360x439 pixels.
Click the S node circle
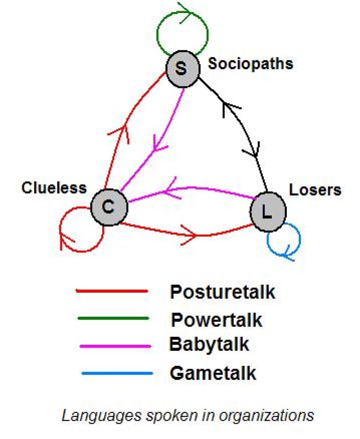click(183, 69)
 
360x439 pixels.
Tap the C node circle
click(109, 207)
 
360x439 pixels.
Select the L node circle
click(268, 212)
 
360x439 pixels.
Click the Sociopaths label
click(250, 64)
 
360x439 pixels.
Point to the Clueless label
click(54, 188)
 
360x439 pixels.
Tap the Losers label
click(315, 190)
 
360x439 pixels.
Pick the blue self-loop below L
click(300, 239)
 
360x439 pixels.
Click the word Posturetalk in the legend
click(223, 292)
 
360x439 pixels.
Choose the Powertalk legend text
click(216, 320)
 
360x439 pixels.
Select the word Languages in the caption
click(101, 416)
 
